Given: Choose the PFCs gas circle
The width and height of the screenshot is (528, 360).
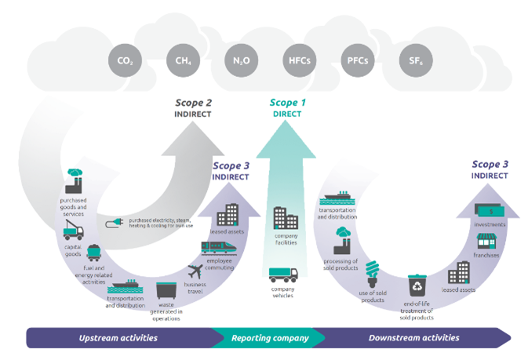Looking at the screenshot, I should pyautogui.click(x=356, y=60).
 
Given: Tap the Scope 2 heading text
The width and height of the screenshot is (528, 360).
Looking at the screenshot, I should pyautogui.click(x=192, y=103).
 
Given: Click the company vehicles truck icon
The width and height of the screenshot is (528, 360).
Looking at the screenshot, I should pyautogui.click(x=284, y=276).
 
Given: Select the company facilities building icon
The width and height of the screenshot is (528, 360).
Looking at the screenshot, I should pyautogui.click(x=284, y=217).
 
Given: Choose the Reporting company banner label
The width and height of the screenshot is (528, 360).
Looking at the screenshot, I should pyautogui.click(x=269, y=338).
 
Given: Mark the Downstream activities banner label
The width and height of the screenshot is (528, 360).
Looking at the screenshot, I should pyautogui.click(x=413, y=338).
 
